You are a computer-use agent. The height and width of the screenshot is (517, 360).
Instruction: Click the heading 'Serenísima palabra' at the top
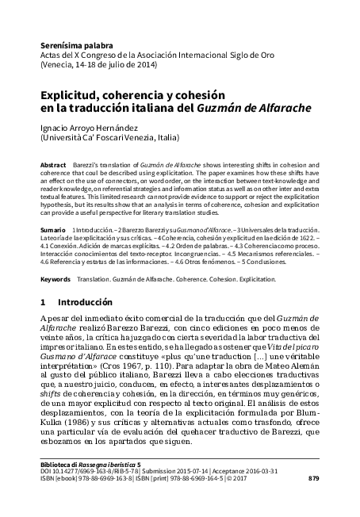tap(76, 47)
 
